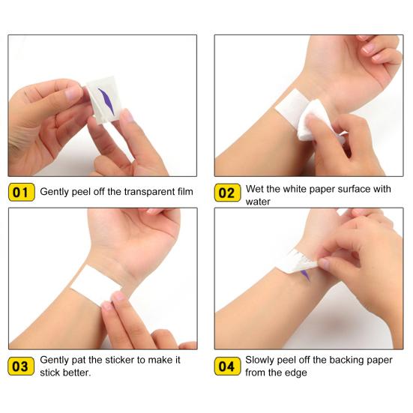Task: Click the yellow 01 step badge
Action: (22, 193)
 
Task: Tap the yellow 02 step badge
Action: (227, 193)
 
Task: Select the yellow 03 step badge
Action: (21, 367)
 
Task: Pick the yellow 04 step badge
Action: (227, 367)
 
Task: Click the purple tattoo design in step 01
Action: (106, 101)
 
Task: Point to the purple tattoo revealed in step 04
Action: (306, 275)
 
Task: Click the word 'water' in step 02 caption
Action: (258, 202)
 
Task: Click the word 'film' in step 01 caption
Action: (185, 191)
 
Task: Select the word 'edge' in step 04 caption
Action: (297, 373)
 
